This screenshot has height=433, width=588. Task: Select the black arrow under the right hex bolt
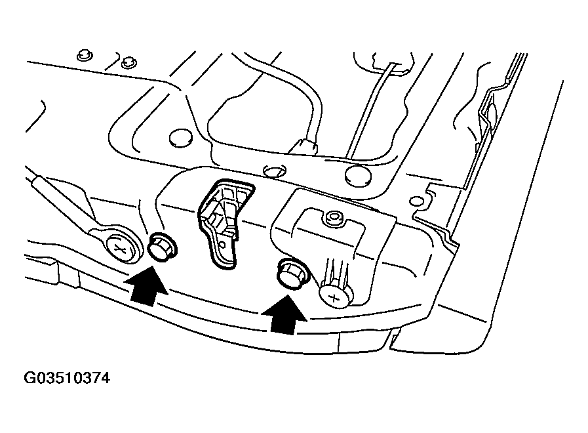(284, 315)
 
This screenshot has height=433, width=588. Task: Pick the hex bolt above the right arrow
(292, 275)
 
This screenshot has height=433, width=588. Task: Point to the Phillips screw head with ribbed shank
(334, 293)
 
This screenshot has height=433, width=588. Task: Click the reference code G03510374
(67, 378)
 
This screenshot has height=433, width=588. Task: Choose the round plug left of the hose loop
(180, 138)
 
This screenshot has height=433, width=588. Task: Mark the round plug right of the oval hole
(357, 176)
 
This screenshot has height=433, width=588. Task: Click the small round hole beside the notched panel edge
(416, 201)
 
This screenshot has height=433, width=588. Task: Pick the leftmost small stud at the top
(85, 56)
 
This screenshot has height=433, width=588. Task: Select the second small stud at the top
(129, 62)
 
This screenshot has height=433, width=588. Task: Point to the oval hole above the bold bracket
(275, 171)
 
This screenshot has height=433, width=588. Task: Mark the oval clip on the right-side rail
(491, 112)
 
